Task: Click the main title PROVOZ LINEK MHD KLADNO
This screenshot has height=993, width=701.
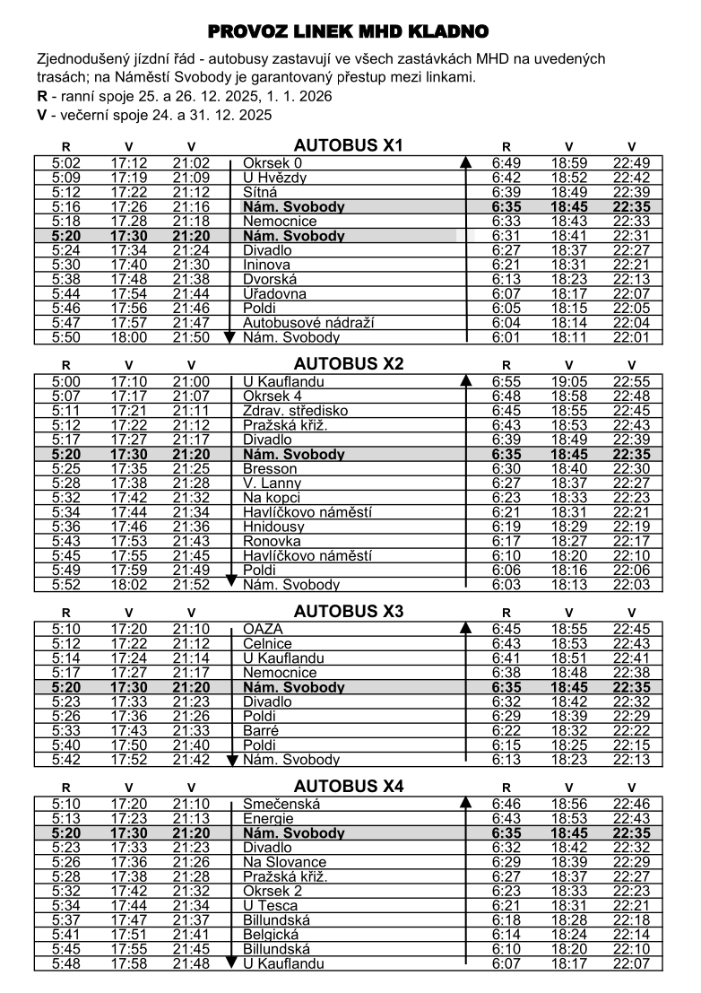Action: pos(349,32)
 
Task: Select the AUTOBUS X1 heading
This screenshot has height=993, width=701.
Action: pos(349,145)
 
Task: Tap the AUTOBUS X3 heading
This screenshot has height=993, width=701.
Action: pos(349,612)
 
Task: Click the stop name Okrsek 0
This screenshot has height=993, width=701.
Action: pos(273,163)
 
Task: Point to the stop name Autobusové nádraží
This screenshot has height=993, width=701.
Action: pos(308,323)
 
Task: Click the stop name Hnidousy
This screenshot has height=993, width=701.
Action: pos(273,527)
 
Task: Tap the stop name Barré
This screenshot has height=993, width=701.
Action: pos(262,731)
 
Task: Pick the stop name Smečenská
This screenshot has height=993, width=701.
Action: pos(281,805)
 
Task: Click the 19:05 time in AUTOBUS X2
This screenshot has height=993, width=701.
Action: pos(568,382)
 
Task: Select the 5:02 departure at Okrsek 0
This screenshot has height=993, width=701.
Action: pos(66,163)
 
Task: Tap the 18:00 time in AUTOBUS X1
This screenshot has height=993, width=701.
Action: pos(129,337)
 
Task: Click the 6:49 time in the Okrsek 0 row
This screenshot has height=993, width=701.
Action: pos(506,163)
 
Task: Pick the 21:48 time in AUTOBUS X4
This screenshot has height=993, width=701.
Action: pos(191,964)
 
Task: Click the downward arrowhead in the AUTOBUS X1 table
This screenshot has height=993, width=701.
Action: pos(230,336)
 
